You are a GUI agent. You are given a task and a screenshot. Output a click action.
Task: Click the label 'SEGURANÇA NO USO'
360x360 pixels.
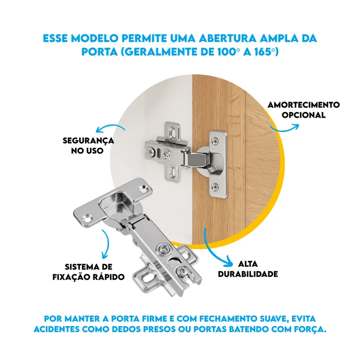[x=88, y=146]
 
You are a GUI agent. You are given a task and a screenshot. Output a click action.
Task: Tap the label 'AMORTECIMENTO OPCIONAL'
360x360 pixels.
[x=303, y=110]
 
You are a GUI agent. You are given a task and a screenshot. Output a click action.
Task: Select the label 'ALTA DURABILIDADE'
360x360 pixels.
[x=248, y=269]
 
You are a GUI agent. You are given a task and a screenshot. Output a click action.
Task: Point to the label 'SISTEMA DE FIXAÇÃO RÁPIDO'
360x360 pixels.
[x=88, y=272]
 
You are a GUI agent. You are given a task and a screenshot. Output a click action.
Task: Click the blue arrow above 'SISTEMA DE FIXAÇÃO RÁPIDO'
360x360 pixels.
[x=107, y=243]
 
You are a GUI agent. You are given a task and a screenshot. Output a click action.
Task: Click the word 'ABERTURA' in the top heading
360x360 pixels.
[x=227, y=39]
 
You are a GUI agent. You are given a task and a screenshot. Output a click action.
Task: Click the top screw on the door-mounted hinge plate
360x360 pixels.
[x=215, y=140]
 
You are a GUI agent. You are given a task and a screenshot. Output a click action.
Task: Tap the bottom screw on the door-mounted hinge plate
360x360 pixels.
[x=215, y=186]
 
